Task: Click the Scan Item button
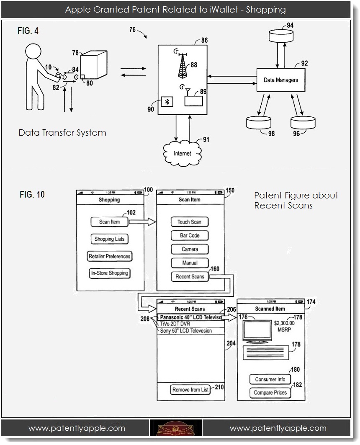click(110, 222)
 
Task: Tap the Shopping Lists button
click(109, 239)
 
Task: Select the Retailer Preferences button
click(109, 256)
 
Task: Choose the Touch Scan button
click(189, 222)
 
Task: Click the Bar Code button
click(190, 236)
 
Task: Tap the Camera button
click(190, 249)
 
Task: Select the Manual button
click(190, 263)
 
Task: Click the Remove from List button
click(190, 390)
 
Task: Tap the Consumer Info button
click(270, 379)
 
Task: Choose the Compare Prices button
click(270, 393)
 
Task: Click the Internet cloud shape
click(182, 154)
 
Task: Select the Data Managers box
click(281, 80)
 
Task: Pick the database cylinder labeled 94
click(280, 36)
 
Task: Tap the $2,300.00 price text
click(284, 323)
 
